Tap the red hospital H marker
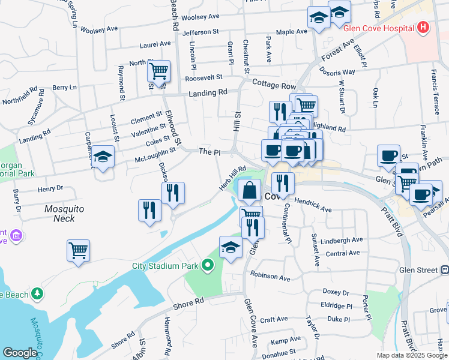tap(424, 28)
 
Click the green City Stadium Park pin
tap(208, 264)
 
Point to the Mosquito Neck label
tap(63, 213)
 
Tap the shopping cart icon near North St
tap(158, 72)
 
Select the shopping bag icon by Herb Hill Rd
tap(249, 191)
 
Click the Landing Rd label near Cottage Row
tap(208, 93)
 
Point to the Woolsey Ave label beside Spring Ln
tap(99, 29)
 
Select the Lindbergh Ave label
tap(342, 239)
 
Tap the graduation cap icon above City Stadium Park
tap(231, 248)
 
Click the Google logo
tap(20, 353)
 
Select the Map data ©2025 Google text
tap(412, 355)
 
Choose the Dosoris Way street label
tap(340, 71)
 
